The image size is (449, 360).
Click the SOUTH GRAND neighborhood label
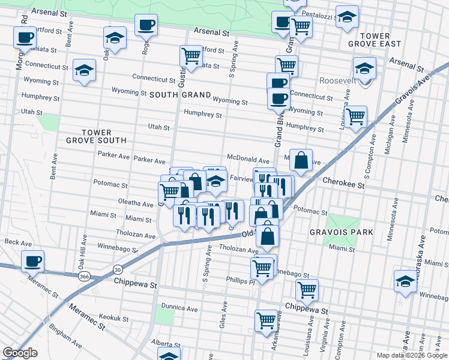180,95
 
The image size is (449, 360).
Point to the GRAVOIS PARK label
342,232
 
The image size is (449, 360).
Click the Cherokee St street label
343,186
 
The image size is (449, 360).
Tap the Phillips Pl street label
241,279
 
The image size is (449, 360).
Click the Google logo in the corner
20,353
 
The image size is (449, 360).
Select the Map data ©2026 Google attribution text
412,355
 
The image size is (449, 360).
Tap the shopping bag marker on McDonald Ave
301,161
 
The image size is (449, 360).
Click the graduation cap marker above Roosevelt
364,68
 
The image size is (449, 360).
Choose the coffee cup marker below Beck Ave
32,262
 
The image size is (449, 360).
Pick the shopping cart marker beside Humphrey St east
355,116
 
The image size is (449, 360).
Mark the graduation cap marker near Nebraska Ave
405,281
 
